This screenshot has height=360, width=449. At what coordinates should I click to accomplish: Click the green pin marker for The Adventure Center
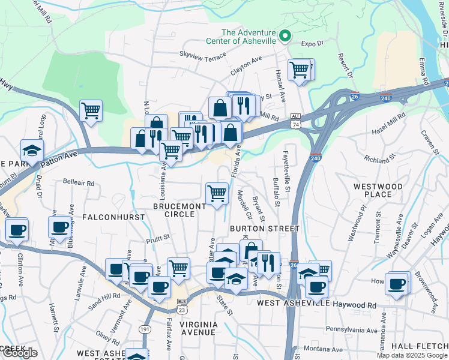click(x=285, y=37)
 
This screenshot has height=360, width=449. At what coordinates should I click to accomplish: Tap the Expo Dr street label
click(x=312, y=43)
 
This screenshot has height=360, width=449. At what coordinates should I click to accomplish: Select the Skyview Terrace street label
click(x=203, y=55)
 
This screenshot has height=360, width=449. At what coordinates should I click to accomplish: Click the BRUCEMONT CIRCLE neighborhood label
click(x=179, y=210)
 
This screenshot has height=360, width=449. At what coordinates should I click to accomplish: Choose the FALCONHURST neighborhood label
click(x=113, y=217)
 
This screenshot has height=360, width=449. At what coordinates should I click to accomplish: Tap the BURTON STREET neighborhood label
click(x=264, y=229)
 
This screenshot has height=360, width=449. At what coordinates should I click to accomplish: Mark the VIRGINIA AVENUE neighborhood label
click(x=205, y=328)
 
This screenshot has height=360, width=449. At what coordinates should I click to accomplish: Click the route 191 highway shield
click(x=145, y=329)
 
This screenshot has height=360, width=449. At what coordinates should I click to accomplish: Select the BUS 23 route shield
click(x=182, y=307)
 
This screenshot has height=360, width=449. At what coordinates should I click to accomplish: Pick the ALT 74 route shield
click(x=295, y=121)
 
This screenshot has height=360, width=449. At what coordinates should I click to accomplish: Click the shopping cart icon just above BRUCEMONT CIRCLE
click(x=217, y=193)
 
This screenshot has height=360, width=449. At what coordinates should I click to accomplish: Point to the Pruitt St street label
click(x=158, y=237)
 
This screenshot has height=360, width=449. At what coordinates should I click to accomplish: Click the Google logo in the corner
click(x=19, y=353)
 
